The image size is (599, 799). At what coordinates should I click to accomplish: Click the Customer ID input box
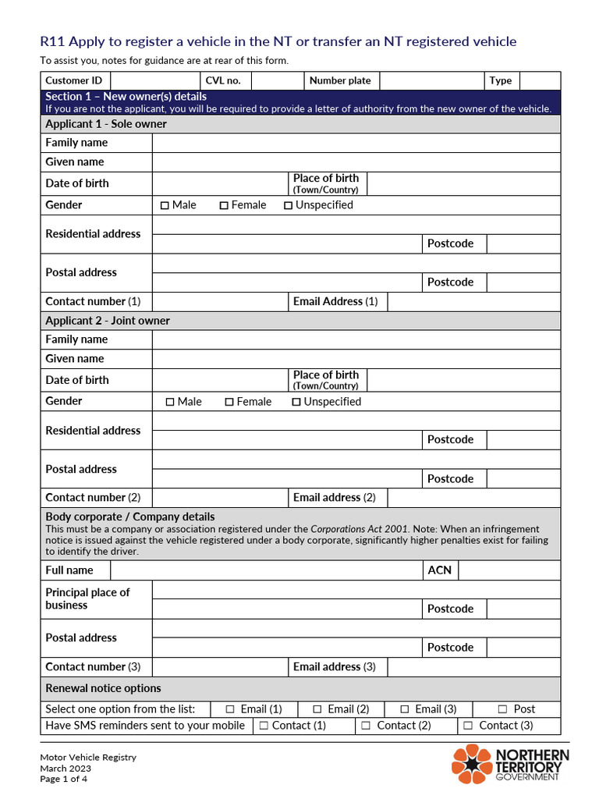[154, 80]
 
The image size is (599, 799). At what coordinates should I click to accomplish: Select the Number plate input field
[431, 80]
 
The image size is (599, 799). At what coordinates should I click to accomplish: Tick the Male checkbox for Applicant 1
[165, 205]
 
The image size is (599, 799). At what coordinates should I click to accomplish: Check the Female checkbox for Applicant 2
[229, 402]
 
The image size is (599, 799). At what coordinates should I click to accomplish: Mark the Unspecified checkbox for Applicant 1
[288, 205]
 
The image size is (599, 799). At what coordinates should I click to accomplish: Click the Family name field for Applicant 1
[356, 143]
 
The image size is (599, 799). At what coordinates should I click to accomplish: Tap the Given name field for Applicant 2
[356, 359]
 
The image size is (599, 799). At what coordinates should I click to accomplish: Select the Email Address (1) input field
[473, 301]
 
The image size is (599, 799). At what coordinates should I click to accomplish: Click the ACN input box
[509, 570]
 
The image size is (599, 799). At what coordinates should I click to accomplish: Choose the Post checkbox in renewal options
[503, 709]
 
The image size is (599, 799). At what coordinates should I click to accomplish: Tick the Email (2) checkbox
[317, 709]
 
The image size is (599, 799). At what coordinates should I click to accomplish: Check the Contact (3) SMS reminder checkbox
[468, 726]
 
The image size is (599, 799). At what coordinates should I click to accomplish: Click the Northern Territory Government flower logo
[471, 763]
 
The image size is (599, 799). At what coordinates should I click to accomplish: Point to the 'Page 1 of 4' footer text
[64, 779]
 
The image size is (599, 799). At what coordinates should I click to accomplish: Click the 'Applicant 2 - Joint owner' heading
[108, 321]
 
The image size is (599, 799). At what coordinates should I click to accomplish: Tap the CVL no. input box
[277, 80]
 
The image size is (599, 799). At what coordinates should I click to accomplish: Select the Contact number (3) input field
[219, 667]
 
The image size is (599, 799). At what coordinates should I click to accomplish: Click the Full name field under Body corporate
[266, 570]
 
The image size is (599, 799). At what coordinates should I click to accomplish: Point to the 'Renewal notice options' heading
[104, 688]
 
